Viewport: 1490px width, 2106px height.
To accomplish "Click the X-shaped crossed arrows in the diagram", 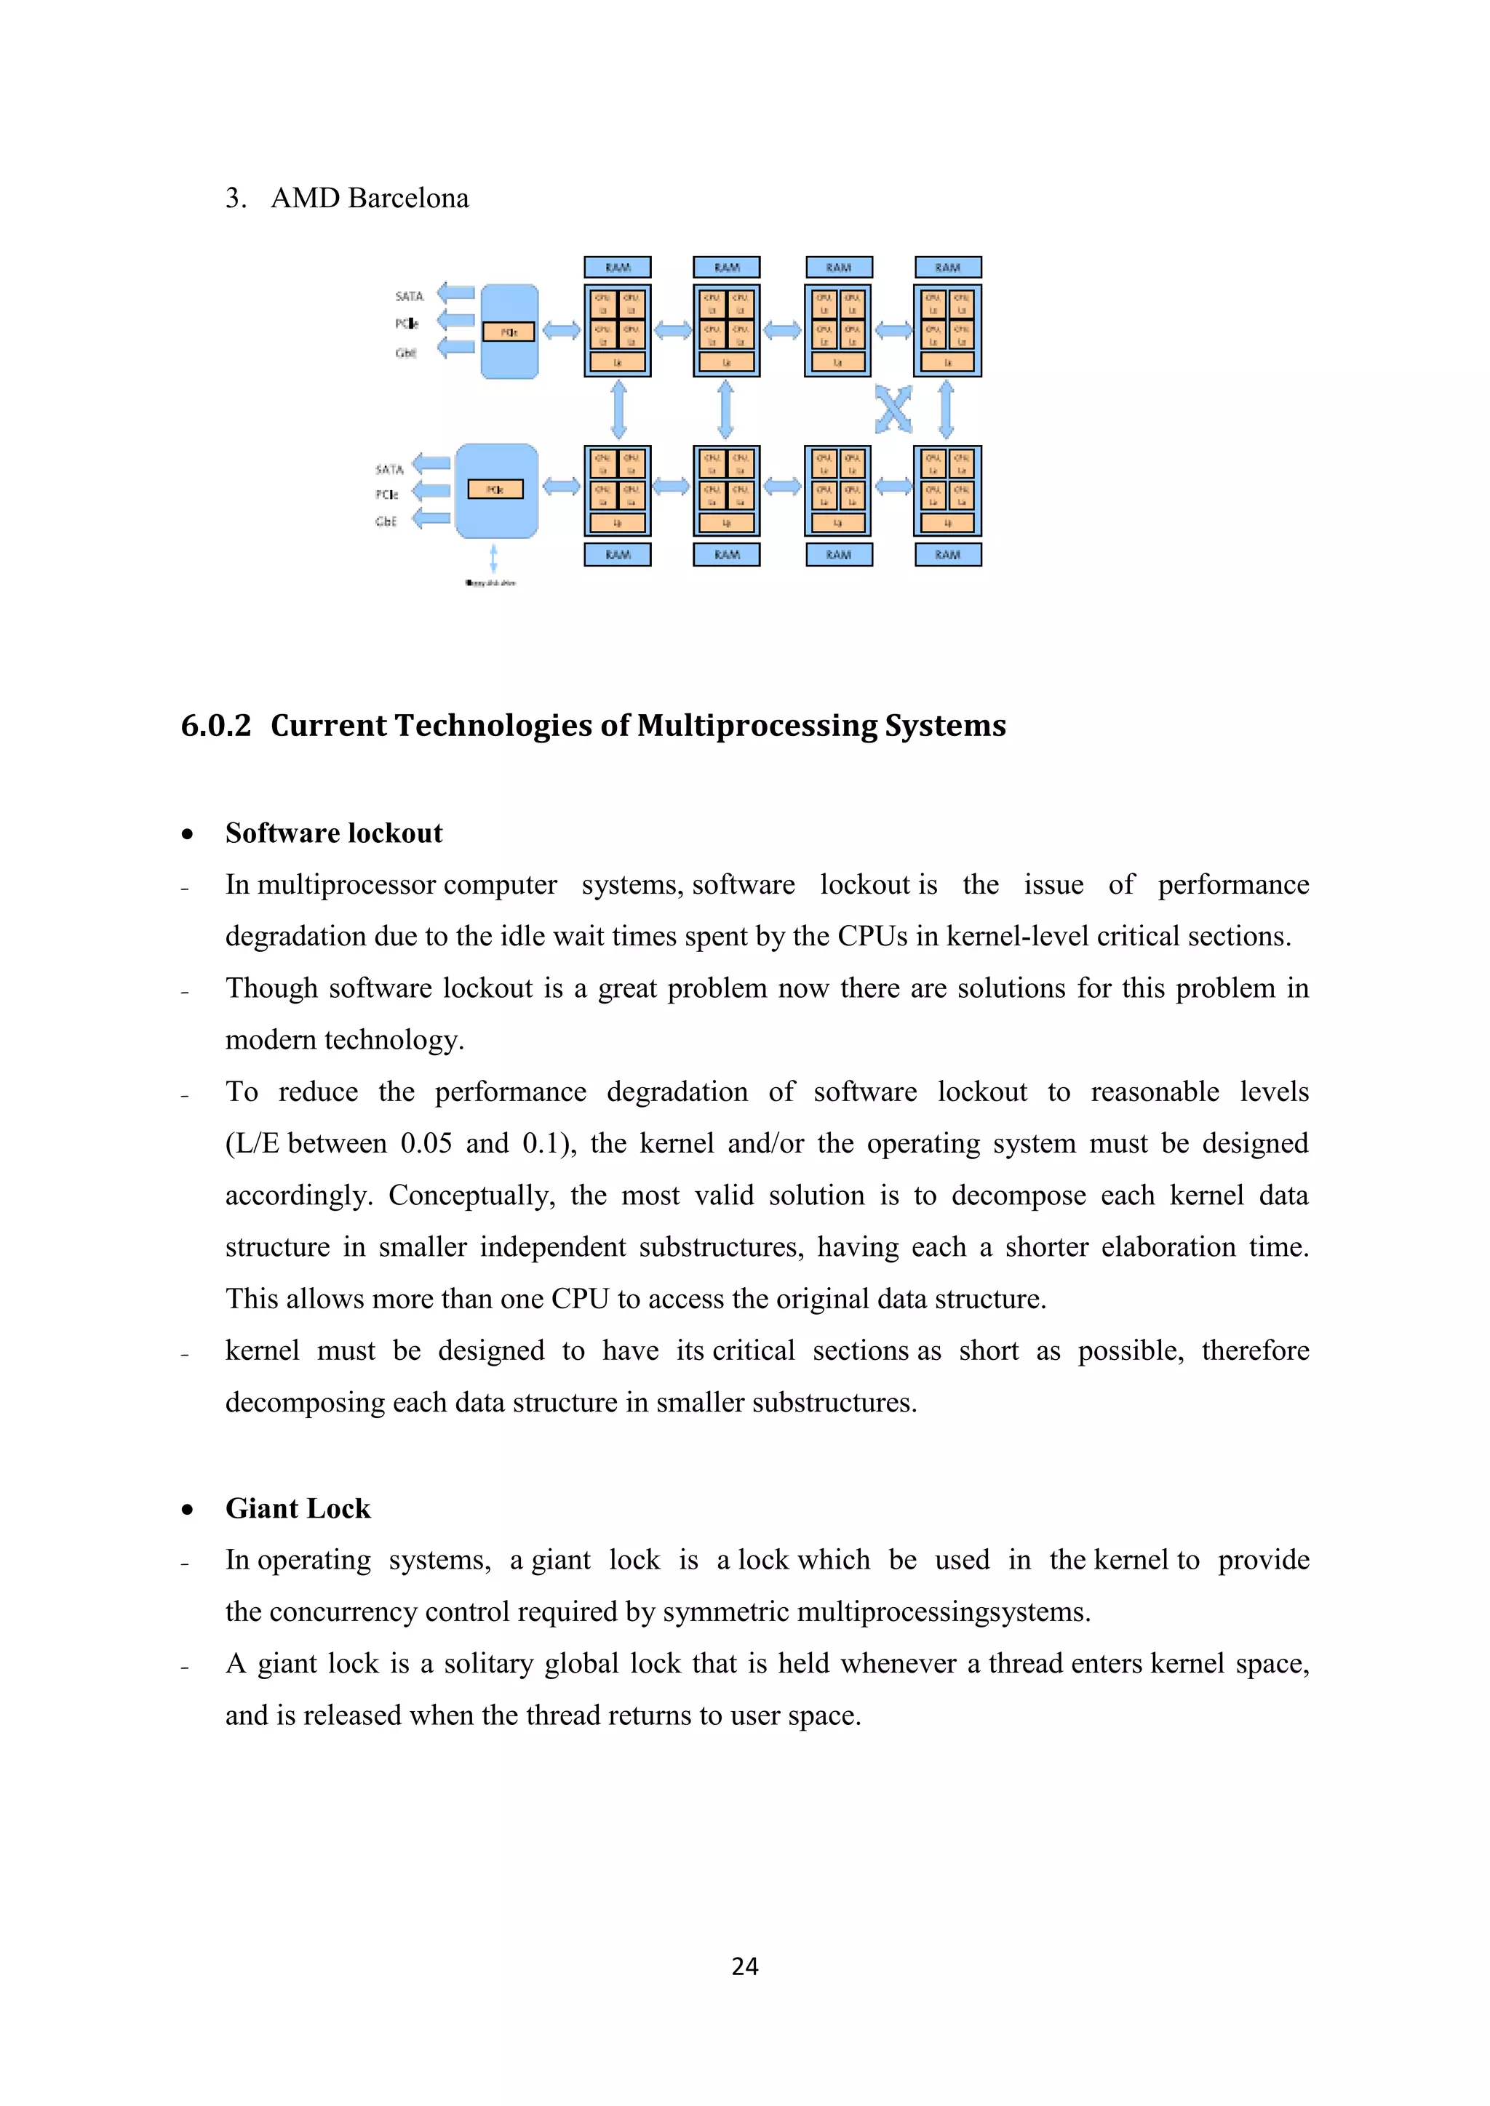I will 893,409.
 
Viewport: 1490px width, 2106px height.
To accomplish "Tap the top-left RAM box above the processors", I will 618,267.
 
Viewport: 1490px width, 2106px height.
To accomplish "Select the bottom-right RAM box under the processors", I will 948,554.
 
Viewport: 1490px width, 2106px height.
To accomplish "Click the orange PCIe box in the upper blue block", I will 509,332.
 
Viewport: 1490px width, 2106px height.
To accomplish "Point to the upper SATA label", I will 409,295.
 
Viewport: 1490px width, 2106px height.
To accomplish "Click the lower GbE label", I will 386,521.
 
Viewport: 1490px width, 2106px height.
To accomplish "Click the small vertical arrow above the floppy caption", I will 493,558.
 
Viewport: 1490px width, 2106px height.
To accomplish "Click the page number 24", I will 745,1966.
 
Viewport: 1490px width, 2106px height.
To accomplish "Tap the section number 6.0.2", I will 215,726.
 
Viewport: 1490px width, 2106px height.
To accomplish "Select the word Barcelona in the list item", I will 408,198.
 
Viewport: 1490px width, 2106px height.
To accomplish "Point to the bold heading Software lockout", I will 334,833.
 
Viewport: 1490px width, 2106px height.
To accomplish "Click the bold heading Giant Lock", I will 298,1509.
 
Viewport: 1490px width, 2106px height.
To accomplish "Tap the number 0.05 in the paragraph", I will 426,1144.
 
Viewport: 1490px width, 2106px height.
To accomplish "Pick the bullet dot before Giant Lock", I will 187,1510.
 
